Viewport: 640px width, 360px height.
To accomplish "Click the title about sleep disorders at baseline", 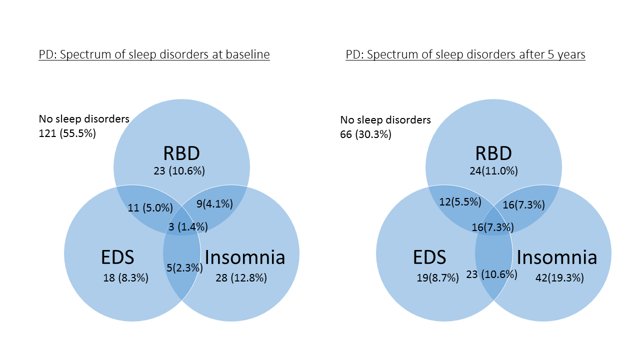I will [154, 54].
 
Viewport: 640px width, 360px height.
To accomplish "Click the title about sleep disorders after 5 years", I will [465, 54].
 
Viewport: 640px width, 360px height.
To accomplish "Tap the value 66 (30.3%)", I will [366, 134].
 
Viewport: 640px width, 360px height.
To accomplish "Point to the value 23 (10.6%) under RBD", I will [179, 171].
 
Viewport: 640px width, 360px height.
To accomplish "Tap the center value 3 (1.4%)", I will [187, 226].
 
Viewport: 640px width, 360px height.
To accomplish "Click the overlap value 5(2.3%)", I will [183, 267].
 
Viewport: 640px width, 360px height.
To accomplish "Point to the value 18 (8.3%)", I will [126, 278].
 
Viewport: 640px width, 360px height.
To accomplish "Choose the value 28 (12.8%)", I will [241, 278].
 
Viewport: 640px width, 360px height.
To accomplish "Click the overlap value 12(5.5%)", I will [460, 202].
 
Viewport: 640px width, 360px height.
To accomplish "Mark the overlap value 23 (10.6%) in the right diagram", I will [491, 274].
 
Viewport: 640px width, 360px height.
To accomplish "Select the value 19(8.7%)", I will [437, 278].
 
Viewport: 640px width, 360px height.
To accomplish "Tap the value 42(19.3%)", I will [559, 278].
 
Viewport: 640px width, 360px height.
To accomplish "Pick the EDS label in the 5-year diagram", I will [429, 257].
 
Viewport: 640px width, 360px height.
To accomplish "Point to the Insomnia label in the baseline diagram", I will [245, 257].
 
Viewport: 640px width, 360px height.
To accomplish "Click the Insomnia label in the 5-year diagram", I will [557, 257].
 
